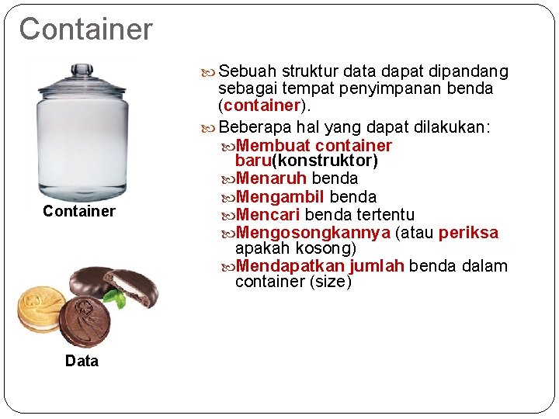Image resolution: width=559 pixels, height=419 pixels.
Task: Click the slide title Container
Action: pyautogui.click(x=86, y=29)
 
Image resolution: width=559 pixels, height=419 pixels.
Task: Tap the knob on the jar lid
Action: pyautogui.click(x=82, y=70)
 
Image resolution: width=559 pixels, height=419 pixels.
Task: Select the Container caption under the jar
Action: pyautogui.click(x=79, y=211)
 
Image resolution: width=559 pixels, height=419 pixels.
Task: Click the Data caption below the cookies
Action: pyautogui.click(x=82, y=361)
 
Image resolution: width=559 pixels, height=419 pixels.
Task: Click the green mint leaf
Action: pyautogui.click(x=116, y=296)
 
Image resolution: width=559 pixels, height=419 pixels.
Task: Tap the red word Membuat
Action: pyautogui.click(x=273, y=145)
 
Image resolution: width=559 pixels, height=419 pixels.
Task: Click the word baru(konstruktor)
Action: pyautogui.click(x=306, y=161)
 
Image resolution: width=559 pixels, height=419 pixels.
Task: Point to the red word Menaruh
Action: pyautogui.click(x=271, y=178)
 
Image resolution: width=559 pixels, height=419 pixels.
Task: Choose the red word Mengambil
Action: pyautogui.click(x=279, y=196)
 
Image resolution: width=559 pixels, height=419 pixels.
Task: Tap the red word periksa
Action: pyautogui.click(x=468, y=232)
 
